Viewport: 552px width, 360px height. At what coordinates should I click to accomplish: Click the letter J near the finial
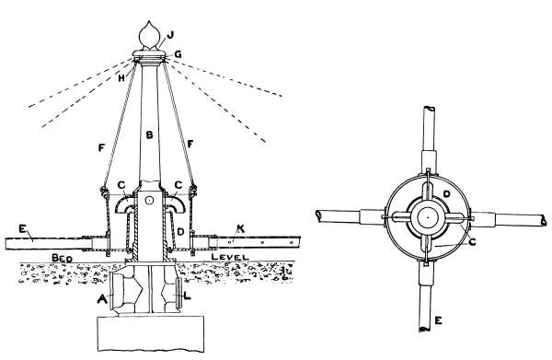coord(171,35)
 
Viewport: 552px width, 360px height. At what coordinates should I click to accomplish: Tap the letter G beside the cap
coord(178,54)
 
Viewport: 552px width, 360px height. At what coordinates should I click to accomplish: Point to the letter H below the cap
coord(121,78)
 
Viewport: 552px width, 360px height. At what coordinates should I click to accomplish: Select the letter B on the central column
coord(150,134)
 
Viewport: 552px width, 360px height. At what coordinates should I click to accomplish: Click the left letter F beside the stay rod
coord(102,148)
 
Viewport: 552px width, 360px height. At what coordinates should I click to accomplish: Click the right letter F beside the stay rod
coord(190,144)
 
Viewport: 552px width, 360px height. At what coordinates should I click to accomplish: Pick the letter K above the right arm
coord(240,229)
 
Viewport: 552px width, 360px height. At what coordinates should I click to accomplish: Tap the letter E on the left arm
coord(23,229)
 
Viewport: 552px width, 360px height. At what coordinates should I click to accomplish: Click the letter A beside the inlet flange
coord(102,299)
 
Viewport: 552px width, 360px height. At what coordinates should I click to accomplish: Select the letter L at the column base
coord(188,296)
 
